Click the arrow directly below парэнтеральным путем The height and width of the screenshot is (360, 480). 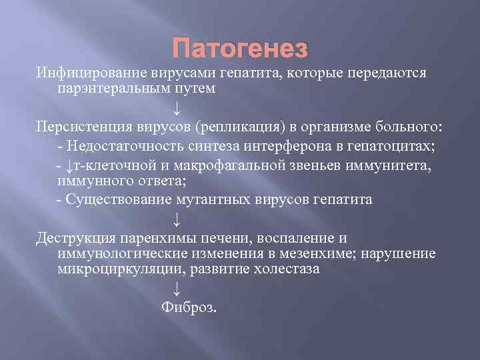(176, 107)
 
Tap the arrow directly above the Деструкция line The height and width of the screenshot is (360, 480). (176, 219)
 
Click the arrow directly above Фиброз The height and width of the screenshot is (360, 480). (176, 289)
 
